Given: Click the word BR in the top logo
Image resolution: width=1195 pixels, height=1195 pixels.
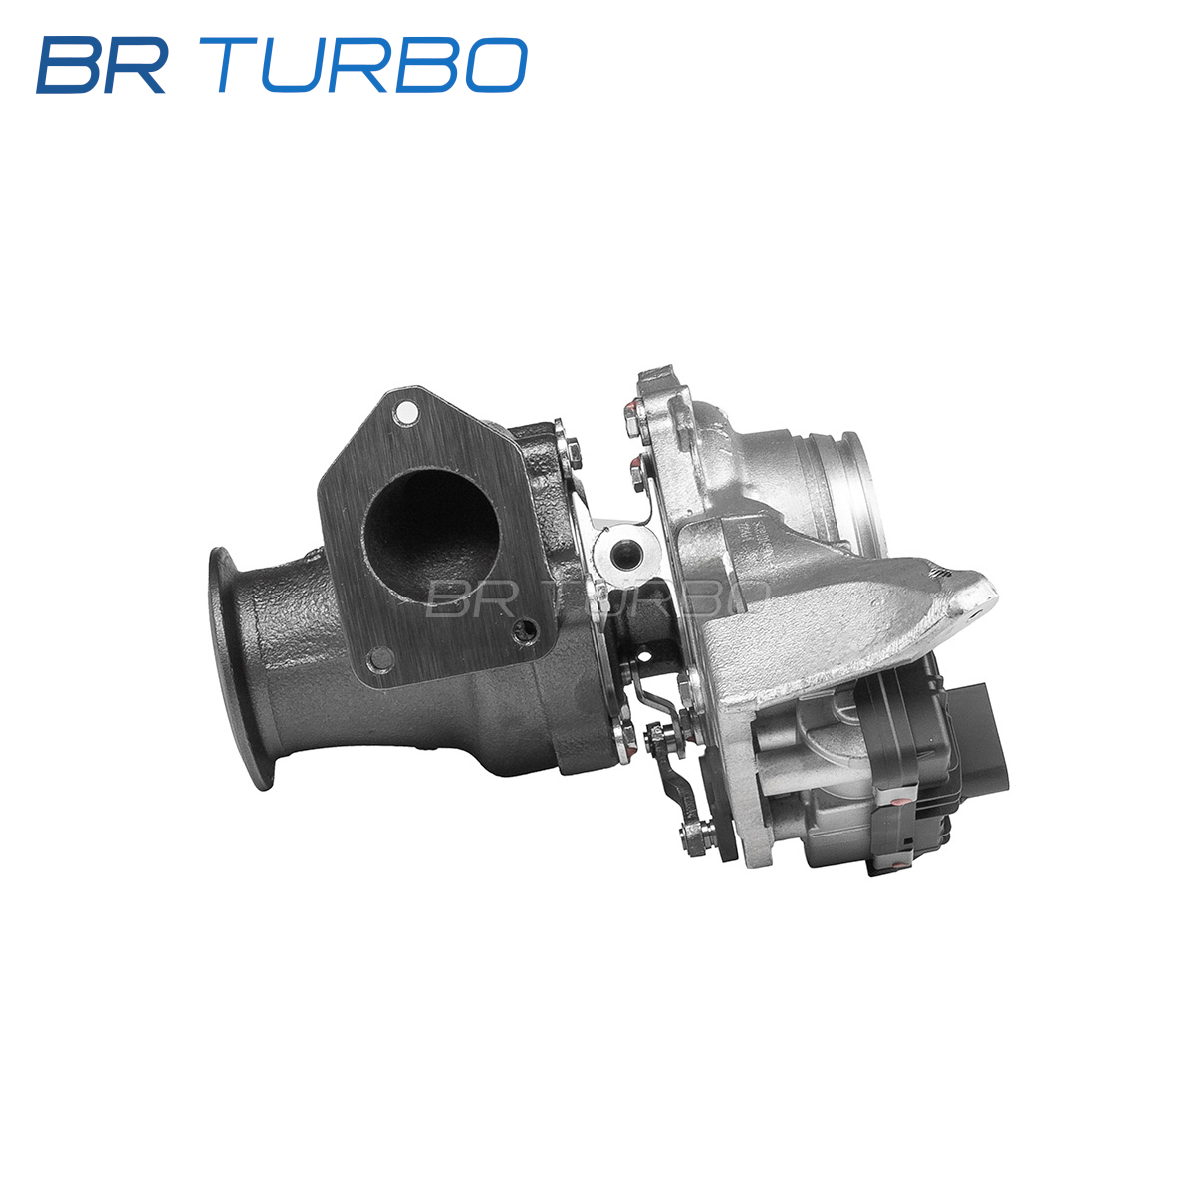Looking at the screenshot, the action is click(x=102, y=65).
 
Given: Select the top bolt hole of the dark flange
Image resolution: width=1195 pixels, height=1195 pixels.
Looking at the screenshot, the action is click(x=406, y=410).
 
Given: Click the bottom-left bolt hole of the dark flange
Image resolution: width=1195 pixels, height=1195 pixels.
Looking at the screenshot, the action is click(x=379, y=658).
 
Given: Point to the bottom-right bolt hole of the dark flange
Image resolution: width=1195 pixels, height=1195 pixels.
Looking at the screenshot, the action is click(x=526, y=630).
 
